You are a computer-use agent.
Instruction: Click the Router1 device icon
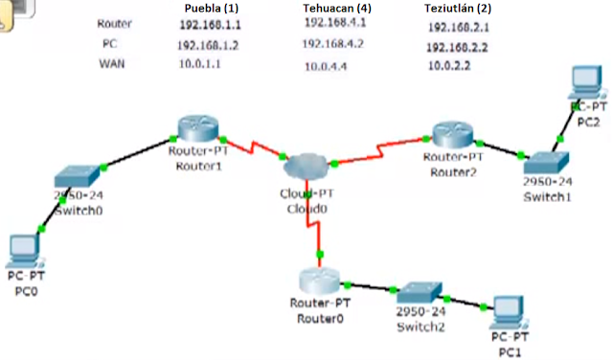[198, 127]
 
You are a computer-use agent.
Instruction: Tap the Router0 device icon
[318, 281]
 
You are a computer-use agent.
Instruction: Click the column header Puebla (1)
[211, 7]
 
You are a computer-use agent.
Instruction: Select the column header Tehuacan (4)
[337, 7]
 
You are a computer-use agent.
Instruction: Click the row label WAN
[112, 64]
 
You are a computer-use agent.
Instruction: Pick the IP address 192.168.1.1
[208, 24]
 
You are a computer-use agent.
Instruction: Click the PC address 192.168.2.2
[457, 47]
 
